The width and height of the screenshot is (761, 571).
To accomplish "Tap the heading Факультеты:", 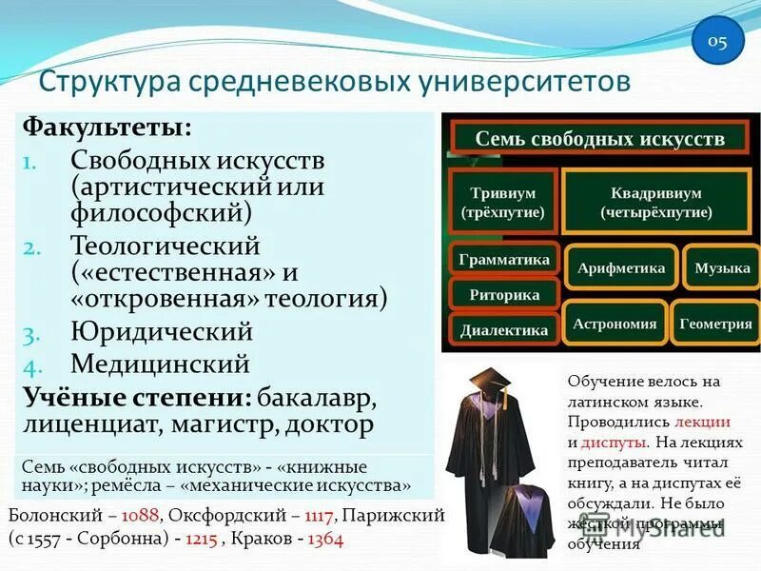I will click(107, 127).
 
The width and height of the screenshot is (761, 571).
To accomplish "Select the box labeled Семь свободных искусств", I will click(599, 138).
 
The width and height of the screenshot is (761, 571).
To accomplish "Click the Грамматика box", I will click(503, 259).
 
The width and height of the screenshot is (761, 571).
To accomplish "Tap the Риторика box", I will click(503, 294).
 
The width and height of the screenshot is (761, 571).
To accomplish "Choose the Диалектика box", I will click(503, 329).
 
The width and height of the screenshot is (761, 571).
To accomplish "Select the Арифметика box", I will click(620, 267).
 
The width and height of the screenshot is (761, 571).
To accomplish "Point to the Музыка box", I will click(722, 267).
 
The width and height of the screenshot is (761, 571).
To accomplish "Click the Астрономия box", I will click(615, 324).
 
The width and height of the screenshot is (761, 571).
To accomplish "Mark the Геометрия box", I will click(715, 324).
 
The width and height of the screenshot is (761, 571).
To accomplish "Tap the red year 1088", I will click(140, 515).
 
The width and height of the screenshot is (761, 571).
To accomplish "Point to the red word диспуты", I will click(614, 442).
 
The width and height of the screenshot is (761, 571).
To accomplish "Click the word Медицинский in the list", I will click(160, 364).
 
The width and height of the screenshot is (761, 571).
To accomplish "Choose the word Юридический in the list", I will click(162, 332).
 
